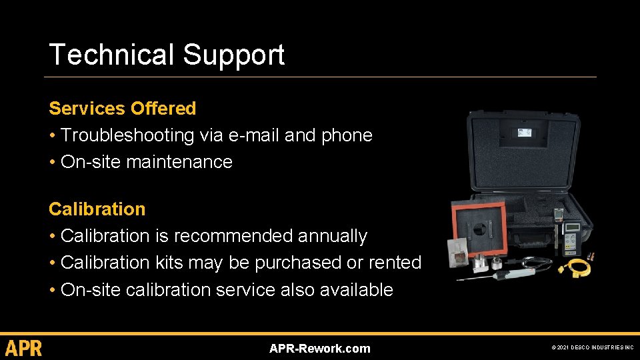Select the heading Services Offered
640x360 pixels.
point(122,108)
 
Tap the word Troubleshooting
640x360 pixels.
point(127,135)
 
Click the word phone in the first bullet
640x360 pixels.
point(346,135)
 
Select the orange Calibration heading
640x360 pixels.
point(97,209)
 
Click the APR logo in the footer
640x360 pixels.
point(24,348)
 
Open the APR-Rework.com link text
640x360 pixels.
point(319,349)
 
